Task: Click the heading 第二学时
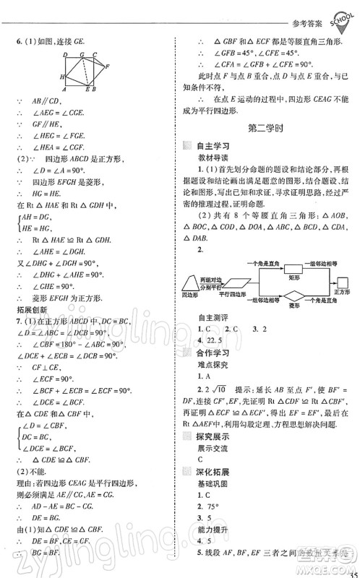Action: tap(265, 129)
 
